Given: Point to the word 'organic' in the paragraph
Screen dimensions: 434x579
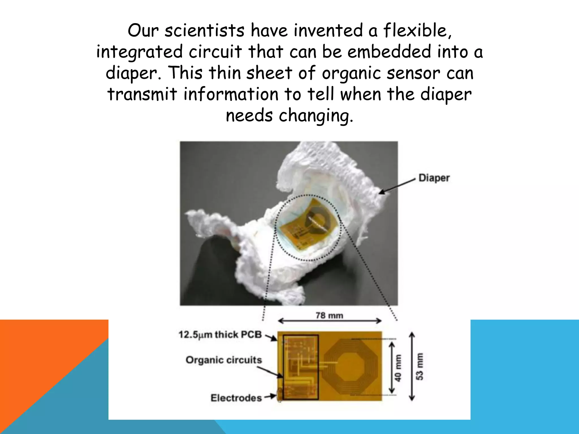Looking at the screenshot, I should point(352,73).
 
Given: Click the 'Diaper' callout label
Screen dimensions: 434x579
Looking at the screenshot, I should point(434,178).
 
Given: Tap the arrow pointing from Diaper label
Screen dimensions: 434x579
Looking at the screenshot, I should point(397,186).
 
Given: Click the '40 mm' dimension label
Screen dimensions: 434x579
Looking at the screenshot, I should point(398,368).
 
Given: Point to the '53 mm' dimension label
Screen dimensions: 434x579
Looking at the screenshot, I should point(420,366).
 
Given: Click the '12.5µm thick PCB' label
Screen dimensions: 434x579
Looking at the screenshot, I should point(220,335).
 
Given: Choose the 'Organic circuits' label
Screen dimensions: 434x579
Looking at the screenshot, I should point(224,360).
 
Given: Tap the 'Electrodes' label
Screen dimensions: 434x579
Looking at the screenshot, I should point(236,398).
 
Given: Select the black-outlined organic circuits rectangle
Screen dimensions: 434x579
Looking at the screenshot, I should point(301,367).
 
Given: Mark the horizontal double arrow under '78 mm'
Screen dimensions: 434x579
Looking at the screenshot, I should point(330,321).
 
